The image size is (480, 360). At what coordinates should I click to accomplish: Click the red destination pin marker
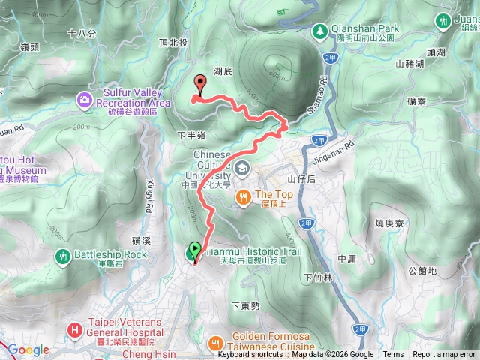point(199,84)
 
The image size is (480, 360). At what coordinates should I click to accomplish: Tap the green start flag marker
point(195,249)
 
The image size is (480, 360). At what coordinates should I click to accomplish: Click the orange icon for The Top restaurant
point(243,196)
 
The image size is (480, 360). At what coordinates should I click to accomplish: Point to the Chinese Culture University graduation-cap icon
point(243,166)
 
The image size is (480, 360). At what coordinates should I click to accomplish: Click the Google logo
point(28,350)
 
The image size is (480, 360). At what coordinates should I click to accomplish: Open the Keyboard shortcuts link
point(250,355)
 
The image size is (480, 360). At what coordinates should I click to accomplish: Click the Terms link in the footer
point(393,355)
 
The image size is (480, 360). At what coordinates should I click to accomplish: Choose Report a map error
point(445,355)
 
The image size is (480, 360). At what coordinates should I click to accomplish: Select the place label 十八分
point(81,34)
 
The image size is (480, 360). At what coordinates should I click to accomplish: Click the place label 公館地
point(421,271)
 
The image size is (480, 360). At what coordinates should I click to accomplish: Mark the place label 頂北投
point(175,44)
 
